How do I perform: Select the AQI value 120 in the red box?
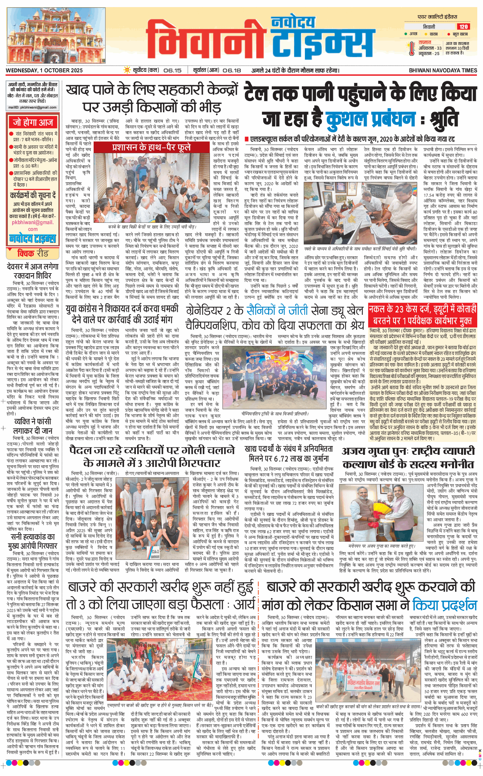click(463, 27)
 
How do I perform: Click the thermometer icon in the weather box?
click(411, 48)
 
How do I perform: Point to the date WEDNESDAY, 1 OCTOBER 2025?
click(44, 70)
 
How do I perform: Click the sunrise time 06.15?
click(172, 70)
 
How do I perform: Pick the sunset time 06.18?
click(232, 70)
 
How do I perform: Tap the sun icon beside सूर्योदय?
click(127, 70)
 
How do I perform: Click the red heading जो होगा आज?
click(33, 122)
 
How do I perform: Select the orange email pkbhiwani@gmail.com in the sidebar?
click(33, 225)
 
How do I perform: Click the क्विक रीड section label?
click(33, 253)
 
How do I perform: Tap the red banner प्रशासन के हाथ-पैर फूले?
click(151, 147)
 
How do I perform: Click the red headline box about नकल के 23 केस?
click(422, 314)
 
